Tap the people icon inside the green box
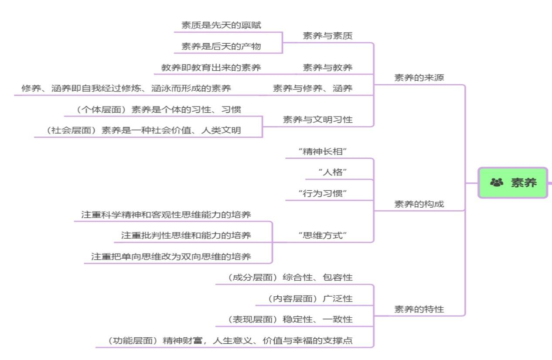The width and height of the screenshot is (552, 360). point(497,182)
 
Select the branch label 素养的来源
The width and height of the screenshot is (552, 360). point(419,78)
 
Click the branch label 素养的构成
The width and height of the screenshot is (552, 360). point(419,204)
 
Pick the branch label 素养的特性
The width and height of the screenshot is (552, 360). point(419,309)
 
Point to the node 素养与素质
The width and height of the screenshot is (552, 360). point(327,36)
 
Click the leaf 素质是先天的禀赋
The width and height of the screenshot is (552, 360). point(221,25)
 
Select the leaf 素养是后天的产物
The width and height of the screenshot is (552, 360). point(221,46)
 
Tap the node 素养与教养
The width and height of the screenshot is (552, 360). point(327,68)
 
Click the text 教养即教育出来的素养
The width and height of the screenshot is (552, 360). point(211,68)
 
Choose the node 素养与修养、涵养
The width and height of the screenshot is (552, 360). point(313,89)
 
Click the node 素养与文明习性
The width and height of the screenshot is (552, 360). point(317,120)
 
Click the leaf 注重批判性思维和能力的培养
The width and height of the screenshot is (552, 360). point(186,235)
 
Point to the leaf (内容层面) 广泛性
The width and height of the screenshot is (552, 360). point(309,299)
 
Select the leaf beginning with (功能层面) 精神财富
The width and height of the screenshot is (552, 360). point(230,341)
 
